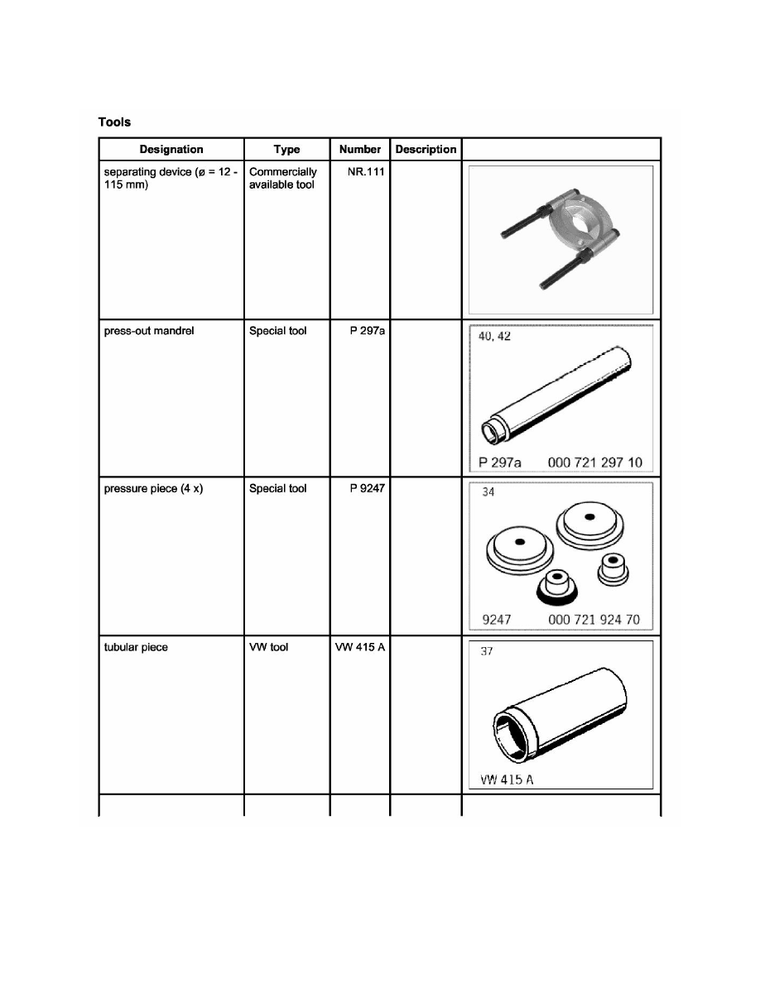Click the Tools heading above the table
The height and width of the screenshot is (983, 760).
(x=115, y=122)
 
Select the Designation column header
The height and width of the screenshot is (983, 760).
(x=171, y=150)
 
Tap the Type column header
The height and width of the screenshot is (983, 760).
(x=286, y=150)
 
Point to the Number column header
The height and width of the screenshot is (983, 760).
(x=360, y=150)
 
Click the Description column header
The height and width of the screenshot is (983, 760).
(x=426, y=150)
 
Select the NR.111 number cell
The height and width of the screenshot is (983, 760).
(x=367, y=172)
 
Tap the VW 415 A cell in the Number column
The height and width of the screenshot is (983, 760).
(x=360, y=647)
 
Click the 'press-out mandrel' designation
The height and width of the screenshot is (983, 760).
(x=149, y=331)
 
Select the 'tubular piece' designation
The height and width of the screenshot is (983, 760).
(x=136, y=647)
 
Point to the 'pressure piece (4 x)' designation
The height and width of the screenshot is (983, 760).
(x=154, y=489)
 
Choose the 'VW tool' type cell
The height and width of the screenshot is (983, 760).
(x=268, y=647)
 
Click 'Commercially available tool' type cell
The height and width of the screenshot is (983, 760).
(x=283, y=178)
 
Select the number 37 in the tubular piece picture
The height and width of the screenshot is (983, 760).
(x=487, y=651)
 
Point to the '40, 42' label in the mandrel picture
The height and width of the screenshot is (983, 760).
(x=496, y=336)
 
